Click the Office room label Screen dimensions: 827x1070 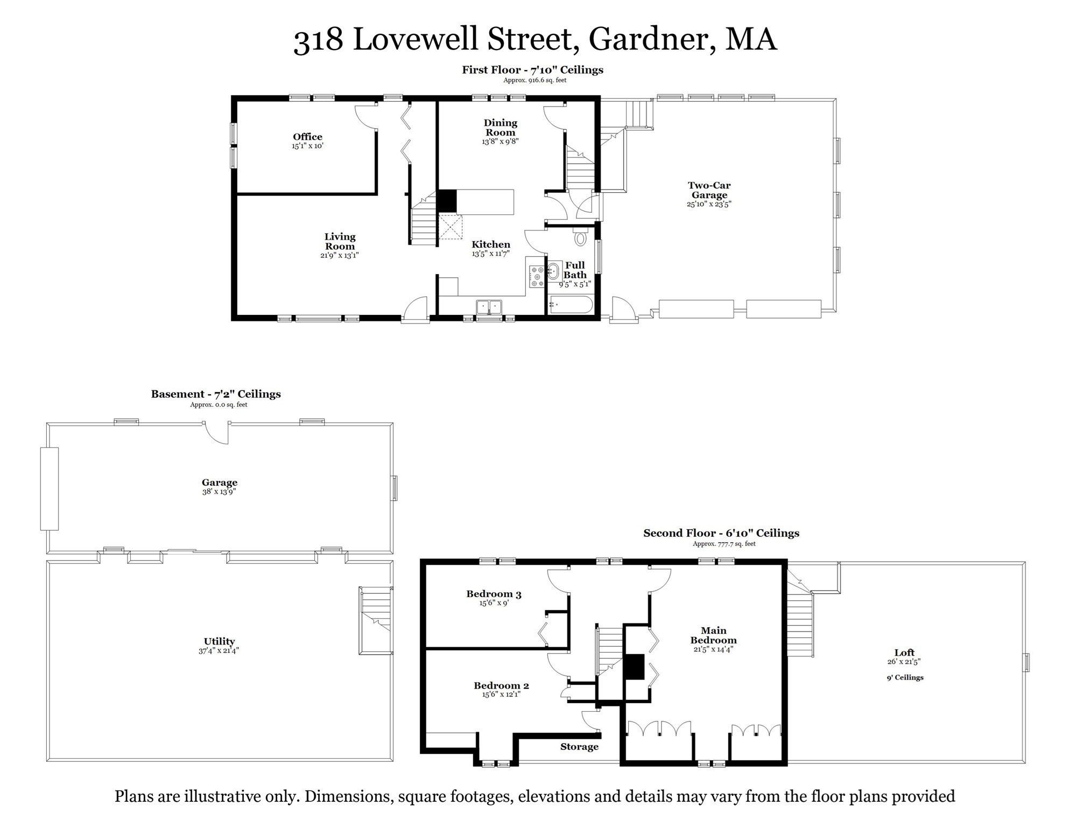tap(307, 137)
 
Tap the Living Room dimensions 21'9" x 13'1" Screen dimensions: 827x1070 tap(339, 256)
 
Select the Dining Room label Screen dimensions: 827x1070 tap(500, 128)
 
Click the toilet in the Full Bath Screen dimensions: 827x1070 tap(580, 236)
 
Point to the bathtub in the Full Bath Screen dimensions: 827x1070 tap(571, 305)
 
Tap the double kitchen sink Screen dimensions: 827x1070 tap(489, 307)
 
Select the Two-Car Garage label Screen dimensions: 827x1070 tap(709, 190)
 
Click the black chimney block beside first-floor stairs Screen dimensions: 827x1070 tap(446, 201)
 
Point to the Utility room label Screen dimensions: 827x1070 tap(219, 641)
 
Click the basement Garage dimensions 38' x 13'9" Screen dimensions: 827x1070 tap(219, 492)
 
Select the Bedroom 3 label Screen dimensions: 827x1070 tap(494, 594)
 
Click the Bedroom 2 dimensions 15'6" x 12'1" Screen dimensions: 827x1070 tap(501, 695)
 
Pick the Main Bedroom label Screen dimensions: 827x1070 tap(713, 635)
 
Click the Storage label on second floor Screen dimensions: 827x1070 tap(579, 747)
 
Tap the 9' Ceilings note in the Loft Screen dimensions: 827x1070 tap(905, 678)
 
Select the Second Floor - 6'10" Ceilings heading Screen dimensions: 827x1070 tap(721, 533)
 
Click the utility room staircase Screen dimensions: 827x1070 tap(375, 620)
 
